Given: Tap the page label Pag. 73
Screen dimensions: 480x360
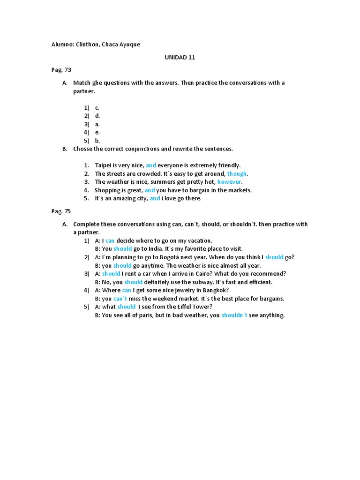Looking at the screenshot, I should [x=61, y=70].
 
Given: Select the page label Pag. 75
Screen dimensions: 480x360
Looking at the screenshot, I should [x=61, y=211].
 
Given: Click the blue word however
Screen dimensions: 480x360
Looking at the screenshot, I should [x=230, y=182].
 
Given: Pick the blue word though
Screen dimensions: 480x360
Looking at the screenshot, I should [x=237, y=173].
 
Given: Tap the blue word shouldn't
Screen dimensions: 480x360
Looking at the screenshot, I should [x=234, y=315].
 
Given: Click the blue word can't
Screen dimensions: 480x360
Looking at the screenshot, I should [x=120, y=299].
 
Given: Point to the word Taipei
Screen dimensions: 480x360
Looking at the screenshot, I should [x=104, y=165].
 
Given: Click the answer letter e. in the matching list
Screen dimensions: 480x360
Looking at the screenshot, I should [x=97, y=133].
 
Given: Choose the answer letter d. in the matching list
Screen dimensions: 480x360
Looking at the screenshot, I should [x=97, y=116].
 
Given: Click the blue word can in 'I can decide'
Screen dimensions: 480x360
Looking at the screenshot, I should [x=110, y=240].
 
